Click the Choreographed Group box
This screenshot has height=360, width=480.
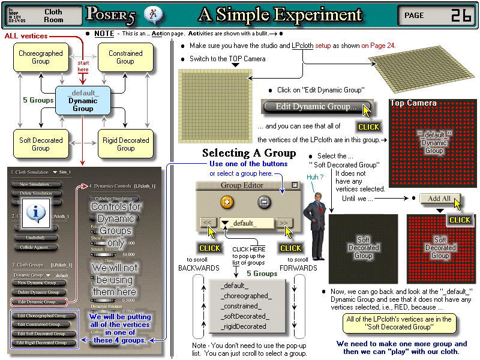(41, 57)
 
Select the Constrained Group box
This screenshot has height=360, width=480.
(125, 57)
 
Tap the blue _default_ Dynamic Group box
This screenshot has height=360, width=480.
(83, 100)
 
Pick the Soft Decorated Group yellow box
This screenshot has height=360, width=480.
(41, 144)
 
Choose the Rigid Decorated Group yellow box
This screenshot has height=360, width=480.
(125, 144)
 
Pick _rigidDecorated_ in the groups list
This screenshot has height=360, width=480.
(244, 326)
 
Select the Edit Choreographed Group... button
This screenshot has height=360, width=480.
(43, 316)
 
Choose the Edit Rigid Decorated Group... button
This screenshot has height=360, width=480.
(43, 343)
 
